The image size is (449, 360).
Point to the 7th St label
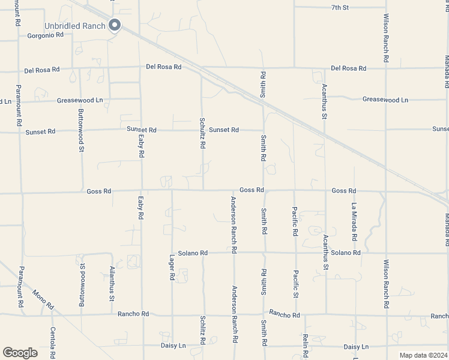coord(340,7)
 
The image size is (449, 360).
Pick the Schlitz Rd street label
coord(203,331)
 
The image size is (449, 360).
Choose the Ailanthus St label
coord(112,283)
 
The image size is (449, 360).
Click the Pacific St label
coord(295,283)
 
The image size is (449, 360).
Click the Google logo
coord(20,352)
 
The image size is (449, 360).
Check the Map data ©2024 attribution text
coord(423,355)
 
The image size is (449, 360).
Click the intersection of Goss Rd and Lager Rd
coord(172,191)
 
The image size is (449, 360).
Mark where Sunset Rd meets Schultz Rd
coord(202,130)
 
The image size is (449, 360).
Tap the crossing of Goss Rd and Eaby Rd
coord(142,191)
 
